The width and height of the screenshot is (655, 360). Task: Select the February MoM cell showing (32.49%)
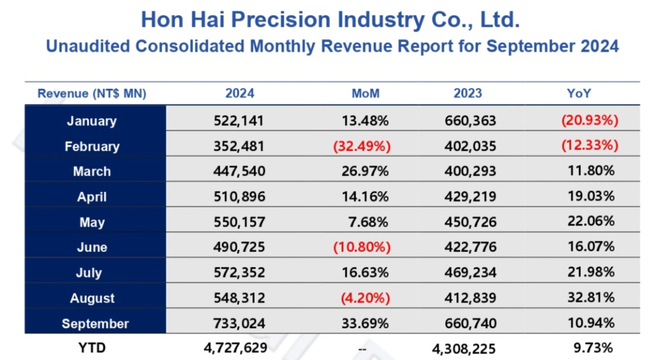point(361,146)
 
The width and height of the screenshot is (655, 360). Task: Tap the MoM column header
point(366,93)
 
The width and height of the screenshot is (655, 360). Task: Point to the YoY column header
point(579,93)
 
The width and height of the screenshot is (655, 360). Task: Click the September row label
point(95,324)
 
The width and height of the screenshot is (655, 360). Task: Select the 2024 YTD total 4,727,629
point(234,348)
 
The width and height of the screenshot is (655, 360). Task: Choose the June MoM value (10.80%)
point(361,247)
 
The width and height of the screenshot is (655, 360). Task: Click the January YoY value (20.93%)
point(590,120)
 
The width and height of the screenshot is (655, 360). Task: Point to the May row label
point(92,223)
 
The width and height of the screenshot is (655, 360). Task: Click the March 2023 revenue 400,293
point(470,171)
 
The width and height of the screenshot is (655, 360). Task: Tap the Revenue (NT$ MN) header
point(92,93)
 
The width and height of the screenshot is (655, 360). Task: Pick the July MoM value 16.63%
point(366,273)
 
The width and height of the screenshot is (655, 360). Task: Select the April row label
point(92,197)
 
